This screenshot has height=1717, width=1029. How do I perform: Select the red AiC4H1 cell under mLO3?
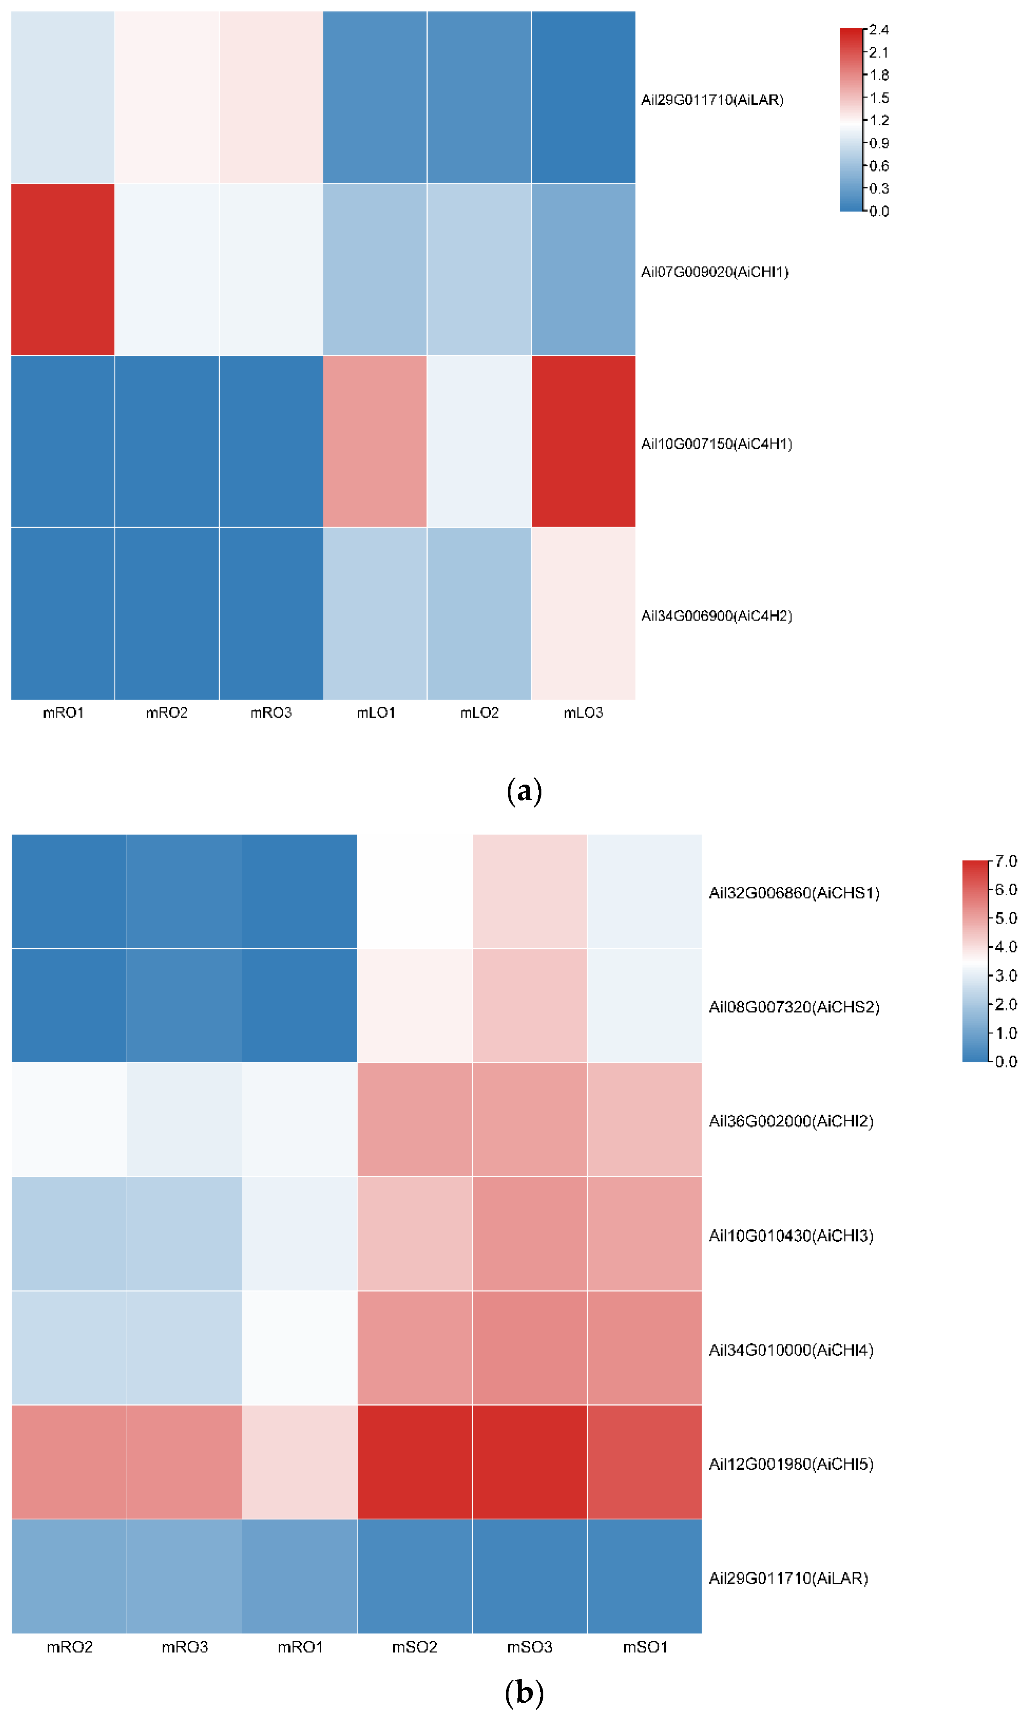583,441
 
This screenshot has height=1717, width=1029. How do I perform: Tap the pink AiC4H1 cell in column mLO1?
375,441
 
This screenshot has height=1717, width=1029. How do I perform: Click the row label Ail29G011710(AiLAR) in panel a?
712,100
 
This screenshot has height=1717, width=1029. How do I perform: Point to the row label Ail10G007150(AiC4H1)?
716,444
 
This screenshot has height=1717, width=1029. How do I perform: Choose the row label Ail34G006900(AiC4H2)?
716,616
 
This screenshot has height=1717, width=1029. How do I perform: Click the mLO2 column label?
479,713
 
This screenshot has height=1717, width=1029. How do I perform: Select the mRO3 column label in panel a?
271,713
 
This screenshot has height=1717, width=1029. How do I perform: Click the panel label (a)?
524,791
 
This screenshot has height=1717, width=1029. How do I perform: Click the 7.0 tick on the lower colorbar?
1005,861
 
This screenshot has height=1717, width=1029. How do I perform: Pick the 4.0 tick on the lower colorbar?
1005,947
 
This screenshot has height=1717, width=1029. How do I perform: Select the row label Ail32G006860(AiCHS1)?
794,893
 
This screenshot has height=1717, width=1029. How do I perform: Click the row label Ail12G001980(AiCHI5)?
791,1464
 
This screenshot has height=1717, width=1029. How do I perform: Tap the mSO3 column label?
529,1647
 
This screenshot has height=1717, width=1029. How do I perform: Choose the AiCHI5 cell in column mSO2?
414,1462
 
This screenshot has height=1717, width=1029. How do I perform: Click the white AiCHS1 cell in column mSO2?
414,891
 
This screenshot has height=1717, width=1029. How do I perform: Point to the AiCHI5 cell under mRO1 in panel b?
300,1462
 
